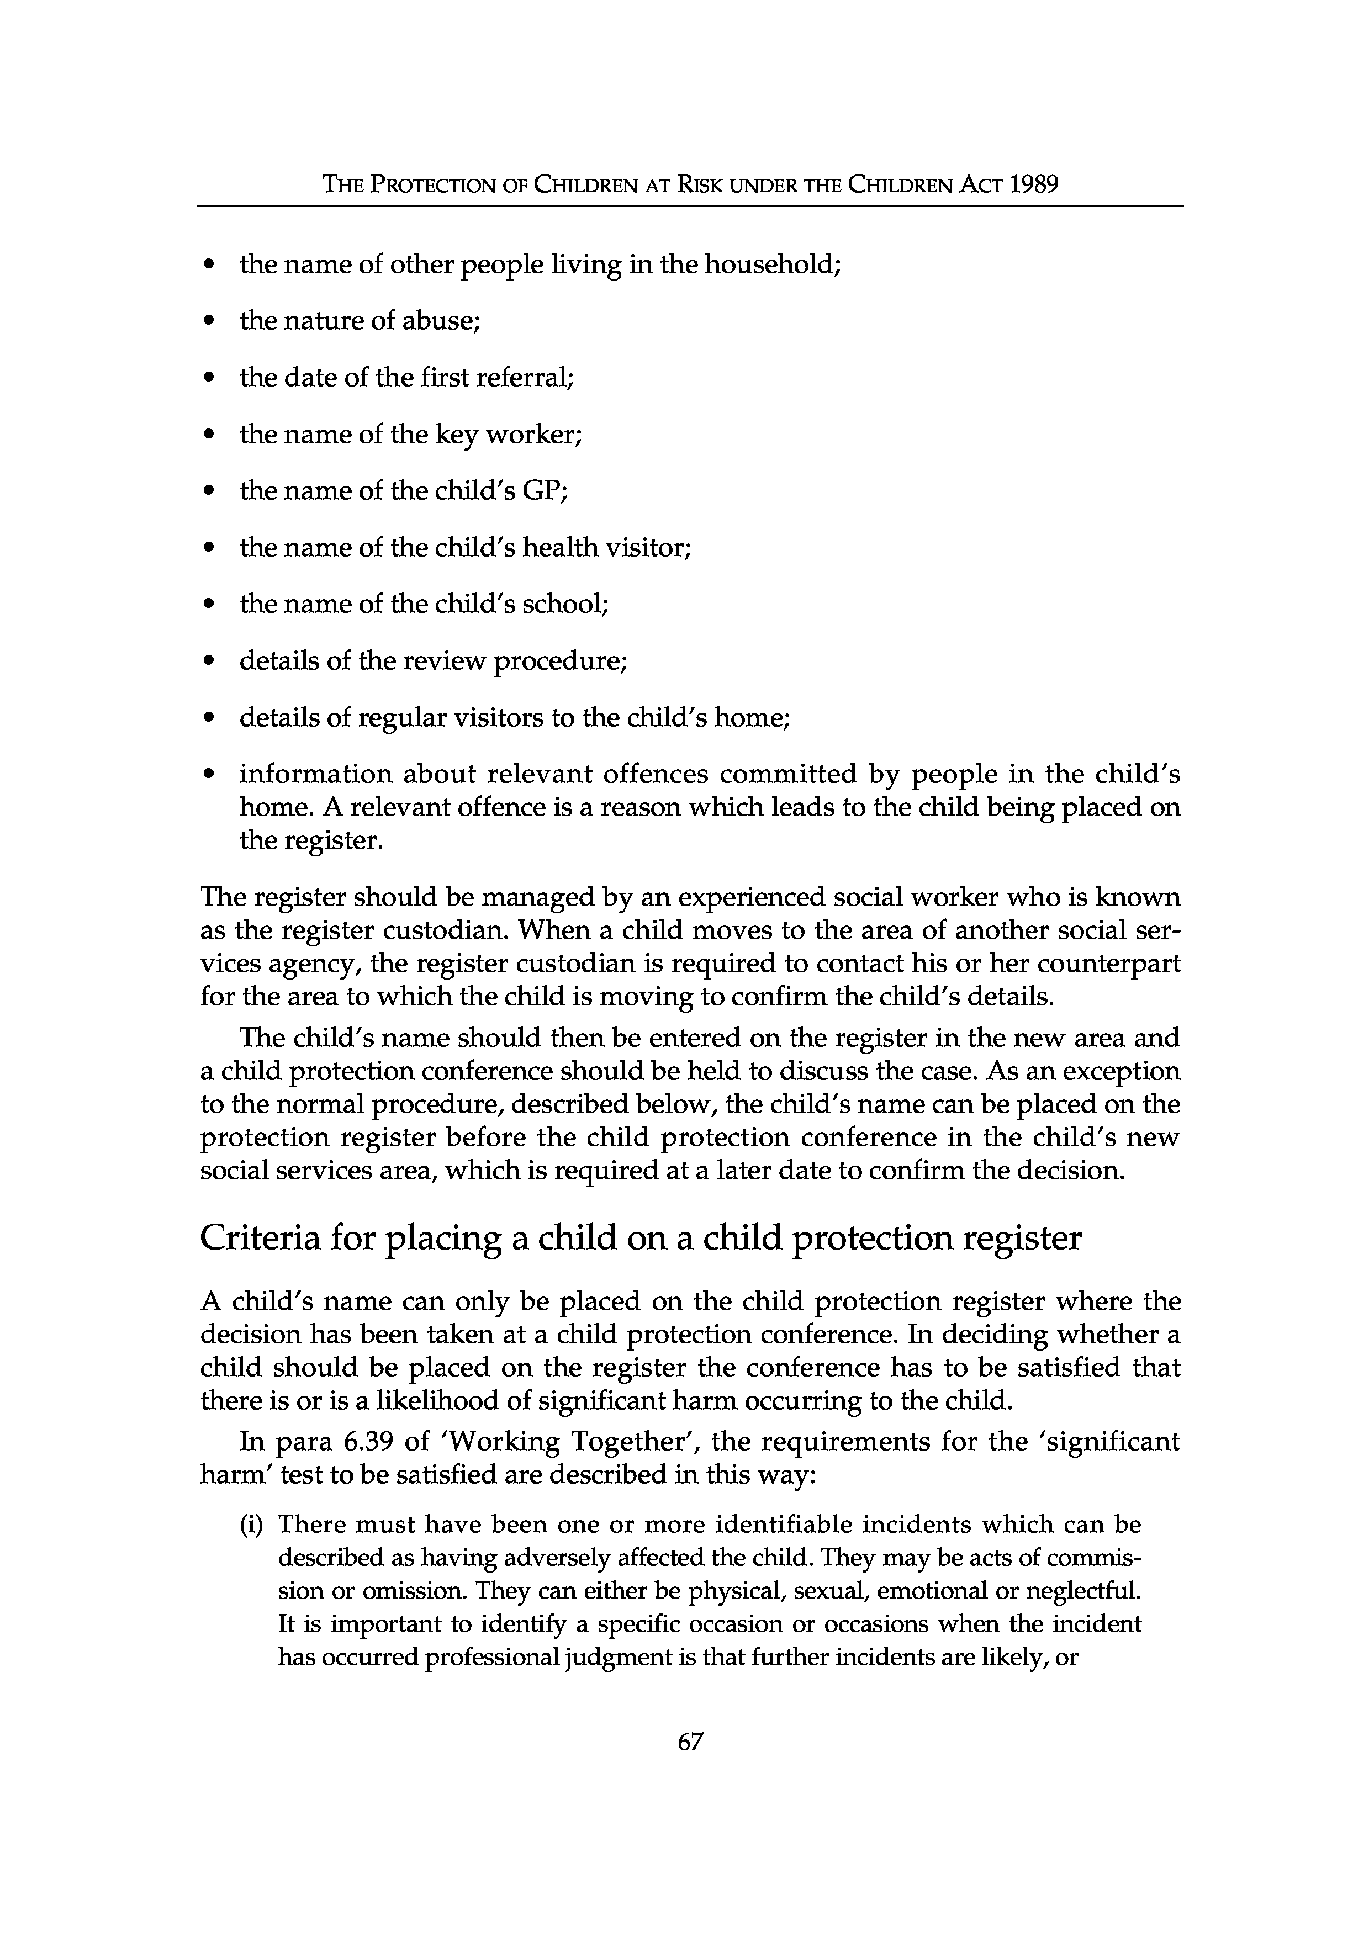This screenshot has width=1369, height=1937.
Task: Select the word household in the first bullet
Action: coord(772,265)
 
